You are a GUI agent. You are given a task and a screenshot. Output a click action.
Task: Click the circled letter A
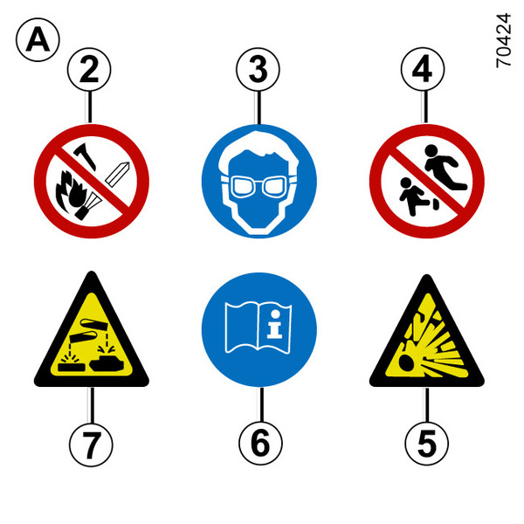[x=38, y=40]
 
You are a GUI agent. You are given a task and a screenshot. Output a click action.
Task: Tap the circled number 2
[x=89, y=70]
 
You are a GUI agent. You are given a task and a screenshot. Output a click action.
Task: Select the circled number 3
[x=258, y=70]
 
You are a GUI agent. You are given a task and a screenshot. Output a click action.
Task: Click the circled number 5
[x=427, y=444]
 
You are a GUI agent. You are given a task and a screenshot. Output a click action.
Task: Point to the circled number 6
[x=260, y=444]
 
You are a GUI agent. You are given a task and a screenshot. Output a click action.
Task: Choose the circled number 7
[x=91, y=445]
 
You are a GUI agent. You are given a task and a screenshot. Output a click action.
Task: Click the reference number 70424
[x=503, y=40]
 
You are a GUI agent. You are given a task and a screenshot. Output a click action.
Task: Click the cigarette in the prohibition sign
[x=117, y=174]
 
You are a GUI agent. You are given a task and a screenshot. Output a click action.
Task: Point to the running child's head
[x=431, y=151]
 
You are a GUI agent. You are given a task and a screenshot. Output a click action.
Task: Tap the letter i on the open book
[x=275, y=323]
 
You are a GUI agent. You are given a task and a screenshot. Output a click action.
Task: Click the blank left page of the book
[x=241, y=327]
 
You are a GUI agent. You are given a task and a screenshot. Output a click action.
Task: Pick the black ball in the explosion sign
[x=407, y=362]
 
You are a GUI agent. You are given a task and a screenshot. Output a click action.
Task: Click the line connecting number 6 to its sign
[x=261, y=404]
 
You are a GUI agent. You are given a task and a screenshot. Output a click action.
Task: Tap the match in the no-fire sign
[x=86, y=155]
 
